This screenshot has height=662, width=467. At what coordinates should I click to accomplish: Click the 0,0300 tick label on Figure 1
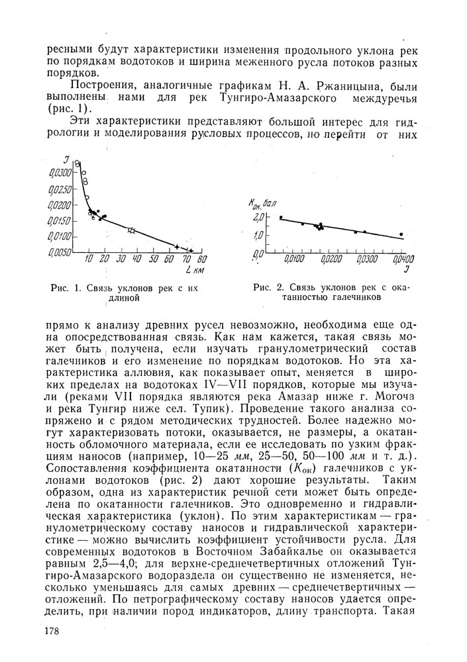click(58, 172)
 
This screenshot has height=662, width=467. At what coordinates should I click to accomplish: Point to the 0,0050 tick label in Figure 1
click(58, 252)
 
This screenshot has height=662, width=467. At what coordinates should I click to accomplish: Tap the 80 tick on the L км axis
click(201, 259)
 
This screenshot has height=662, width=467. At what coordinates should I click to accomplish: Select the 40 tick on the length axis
click(136, 259)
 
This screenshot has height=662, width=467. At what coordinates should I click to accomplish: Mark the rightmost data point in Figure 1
click(191, 250)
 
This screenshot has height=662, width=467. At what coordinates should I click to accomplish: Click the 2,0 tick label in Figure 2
click(258, 217)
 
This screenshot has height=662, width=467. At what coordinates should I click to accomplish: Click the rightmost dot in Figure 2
click(401, 234)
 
